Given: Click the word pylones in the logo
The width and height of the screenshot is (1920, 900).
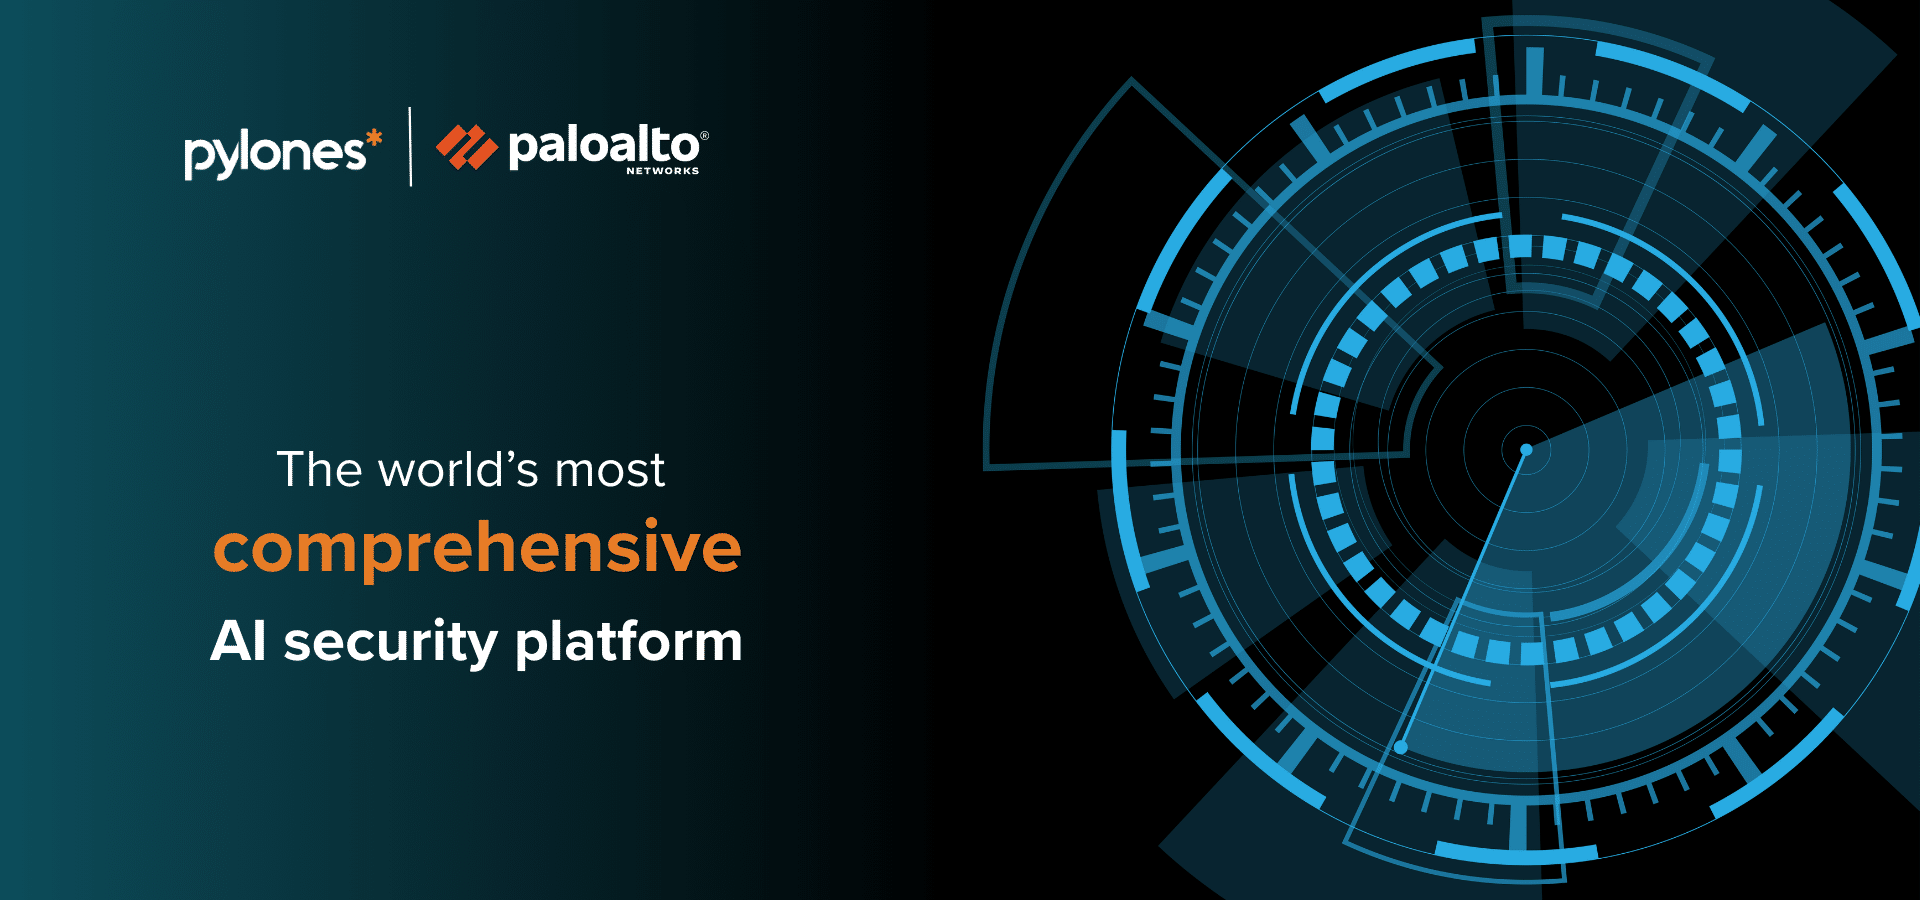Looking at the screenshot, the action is [275, 154].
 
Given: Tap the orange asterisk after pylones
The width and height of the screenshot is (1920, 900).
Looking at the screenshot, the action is [374, 139].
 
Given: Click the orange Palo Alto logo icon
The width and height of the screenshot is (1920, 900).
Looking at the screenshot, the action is [467, 147].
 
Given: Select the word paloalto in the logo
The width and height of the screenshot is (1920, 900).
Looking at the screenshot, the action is [604, 147].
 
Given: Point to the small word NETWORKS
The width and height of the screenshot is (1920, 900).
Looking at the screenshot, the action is [663, 171].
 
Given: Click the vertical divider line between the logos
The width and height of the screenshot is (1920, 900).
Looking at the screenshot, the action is [410, 147].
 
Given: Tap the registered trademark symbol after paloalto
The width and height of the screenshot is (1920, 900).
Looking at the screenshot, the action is [704, 135].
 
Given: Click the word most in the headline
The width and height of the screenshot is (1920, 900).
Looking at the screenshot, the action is [610, 471].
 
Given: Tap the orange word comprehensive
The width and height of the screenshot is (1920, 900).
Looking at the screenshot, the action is [477, 547].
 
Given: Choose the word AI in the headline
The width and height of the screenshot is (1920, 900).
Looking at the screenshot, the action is [239, 641].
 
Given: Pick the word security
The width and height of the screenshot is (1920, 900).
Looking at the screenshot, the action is [391, 642].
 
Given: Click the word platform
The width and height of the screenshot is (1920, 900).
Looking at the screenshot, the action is [629, 642].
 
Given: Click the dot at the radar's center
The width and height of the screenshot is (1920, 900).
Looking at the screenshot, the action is [1526, 450].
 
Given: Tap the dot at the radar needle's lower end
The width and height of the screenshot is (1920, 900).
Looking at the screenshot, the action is [1401, 747].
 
